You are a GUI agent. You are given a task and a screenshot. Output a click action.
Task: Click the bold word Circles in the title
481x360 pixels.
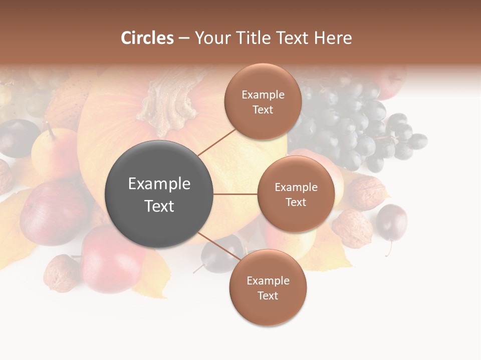click(147, 38)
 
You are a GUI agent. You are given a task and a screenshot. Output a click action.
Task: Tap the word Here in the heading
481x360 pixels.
click(333, 38)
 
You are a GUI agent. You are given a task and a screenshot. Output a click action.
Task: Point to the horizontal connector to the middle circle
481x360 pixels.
click(235, 194)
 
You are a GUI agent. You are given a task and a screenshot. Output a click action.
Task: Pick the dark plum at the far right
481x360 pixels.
click(392, 222)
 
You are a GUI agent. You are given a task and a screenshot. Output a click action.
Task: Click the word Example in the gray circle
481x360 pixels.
click(159, 184)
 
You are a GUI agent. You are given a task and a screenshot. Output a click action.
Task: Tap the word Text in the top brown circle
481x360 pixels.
click(263, 109)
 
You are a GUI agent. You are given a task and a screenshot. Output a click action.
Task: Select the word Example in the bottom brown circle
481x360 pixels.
click(268, 280)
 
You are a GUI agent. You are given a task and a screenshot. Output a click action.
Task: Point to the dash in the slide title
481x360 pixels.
click(184, 38)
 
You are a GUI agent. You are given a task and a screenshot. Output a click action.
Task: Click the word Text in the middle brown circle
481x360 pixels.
click(296, 202)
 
